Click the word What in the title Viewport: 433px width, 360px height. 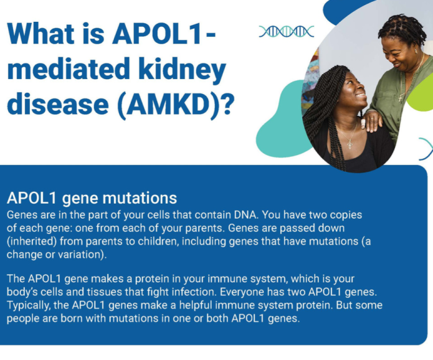[x=41, y=34]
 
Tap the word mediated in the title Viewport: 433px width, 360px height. [x=69, y=69]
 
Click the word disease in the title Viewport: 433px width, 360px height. [x=58, y=104]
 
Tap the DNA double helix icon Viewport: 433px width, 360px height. [x=287, y=32]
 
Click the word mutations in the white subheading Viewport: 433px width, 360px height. [x=140, y=198]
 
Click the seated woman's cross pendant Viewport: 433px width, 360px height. [x=350, y=144]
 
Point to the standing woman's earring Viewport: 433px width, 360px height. [x=416, y=52]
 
